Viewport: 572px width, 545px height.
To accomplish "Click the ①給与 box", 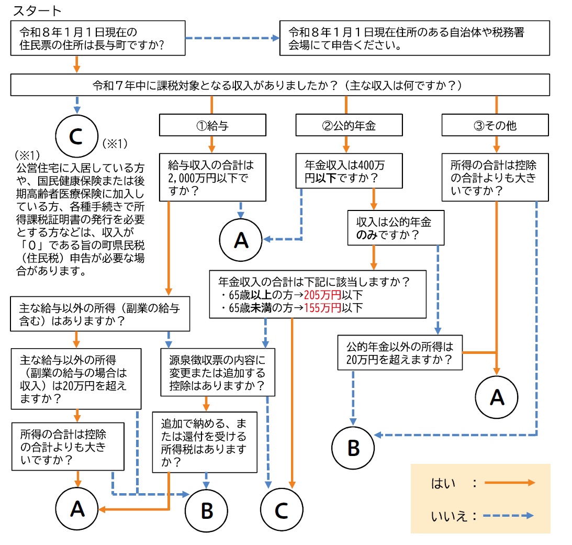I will pos(212,125).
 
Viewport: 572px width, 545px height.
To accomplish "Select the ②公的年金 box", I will pos(349,125).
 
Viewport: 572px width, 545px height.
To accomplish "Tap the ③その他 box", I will pos(495,125).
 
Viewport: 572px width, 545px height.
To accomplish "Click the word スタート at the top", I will pos(37,11).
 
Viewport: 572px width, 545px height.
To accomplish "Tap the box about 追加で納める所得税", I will pos(205,442).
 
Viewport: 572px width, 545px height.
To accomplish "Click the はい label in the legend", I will pos(443,483).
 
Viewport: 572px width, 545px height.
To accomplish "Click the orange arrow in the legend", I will pos(509,483).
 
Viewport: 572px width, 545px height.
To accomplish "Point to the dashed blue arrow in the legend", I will pos(509,516).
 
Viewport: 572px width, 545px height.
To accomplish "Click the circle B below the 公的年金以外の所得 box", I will pos(353,448).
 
